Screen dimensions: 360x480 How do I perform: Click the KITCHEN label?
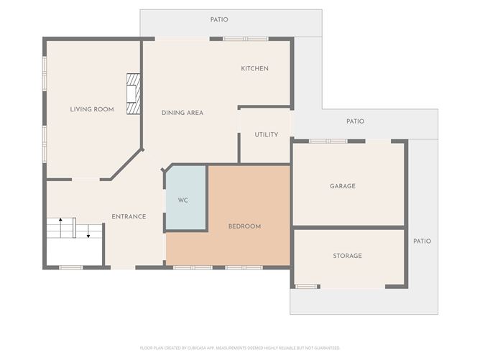click(x=254, y=68)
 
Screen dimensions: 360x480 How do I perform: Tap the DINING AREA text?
click(x=182, y=113)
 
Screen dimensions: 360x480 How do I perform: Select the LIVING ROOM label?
click(x=92, y=109)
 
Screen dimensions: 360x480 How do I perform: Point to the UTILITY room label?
click(x=266, y=134)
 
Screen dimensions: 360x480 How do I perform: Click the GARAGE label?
click(x=343, y=186)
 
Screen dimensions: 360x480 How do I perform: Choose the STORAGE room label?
click(x=347, y=256)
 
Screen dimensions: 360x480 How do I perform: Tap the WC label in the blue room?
click(x=183, y=200)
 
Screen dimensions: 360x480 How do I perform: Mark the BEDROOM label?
click(x=244, y=226)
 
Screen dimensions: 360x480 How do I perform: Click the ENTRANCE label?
click(x=129, y=216)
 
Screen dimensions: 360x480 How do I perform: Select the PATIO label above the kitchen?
click(x=219, y=19)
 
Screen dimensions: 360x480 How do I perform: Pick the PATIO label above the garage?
click(x=355, y=121)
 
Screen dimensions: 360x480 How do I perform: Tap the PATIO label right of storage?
click(x=422, y=241)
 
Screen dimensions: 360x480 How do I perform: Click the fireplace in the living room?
click(x=132, y=93)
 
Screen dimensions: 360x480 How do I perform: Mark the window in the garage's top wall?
click(x=328, y=141)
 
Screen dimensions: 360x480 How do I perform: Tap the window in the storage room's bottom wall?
click(x=306, y=287)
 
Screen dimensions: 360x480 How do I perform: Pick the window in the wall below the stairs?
click(x=70, y=267)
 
